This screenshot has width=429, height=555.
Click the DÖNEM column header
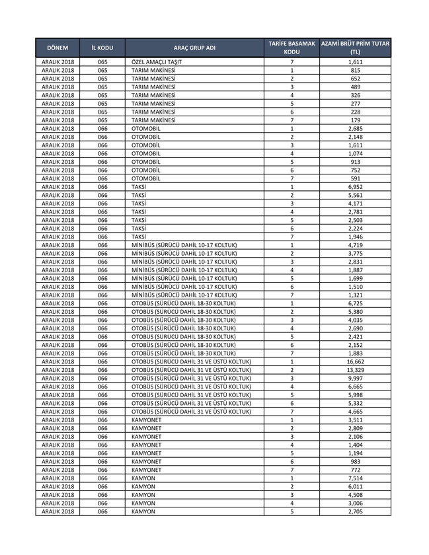57,48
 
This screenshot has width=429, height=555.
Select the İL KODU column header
102,48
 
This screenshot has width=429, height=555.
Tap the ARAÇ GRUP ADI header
194,48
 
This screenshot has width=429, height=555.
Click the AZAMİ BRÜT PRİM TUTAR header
355,48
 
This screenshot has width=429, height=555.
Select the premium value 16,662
355,362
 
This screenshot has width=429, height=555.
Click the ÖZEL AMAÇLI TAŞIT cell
157,61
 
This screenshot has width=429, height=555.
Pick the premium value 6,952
355,187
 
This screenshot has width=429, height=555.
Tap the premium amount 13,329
355,370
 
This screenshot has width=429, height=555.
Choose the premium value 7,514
355,478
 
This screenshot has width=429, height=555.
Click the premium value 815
355,70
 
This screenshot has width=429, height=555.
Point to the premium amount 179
355,120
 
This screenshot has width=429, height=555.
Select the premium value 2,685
355,128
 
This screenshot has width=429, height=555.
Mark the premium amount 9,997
355,379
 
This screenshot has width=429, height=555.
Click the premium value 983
355,462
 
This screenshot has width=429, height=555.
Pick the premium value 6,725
355,303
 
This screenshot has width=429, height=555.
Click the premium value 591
355,178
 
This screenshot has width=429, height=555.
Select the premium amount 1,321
355,295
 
